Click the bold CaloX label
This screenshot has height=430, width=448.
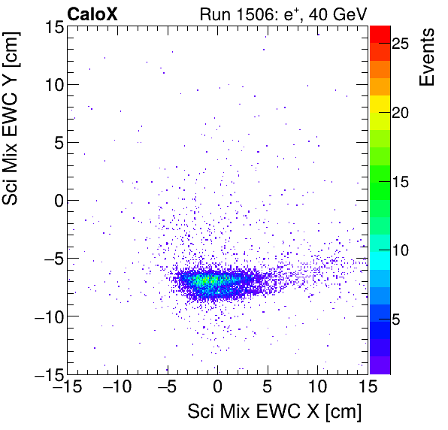tap(92, 13)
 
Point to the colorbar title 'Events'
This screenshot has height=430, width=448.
tap(428, 57)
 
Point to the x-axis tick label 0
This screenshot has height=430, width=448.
tap(217, 389)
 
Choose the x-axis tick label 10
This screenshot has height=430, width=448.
tap(317, 389)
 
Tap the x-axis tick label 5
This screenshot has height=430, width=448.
tap(268, 389)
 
